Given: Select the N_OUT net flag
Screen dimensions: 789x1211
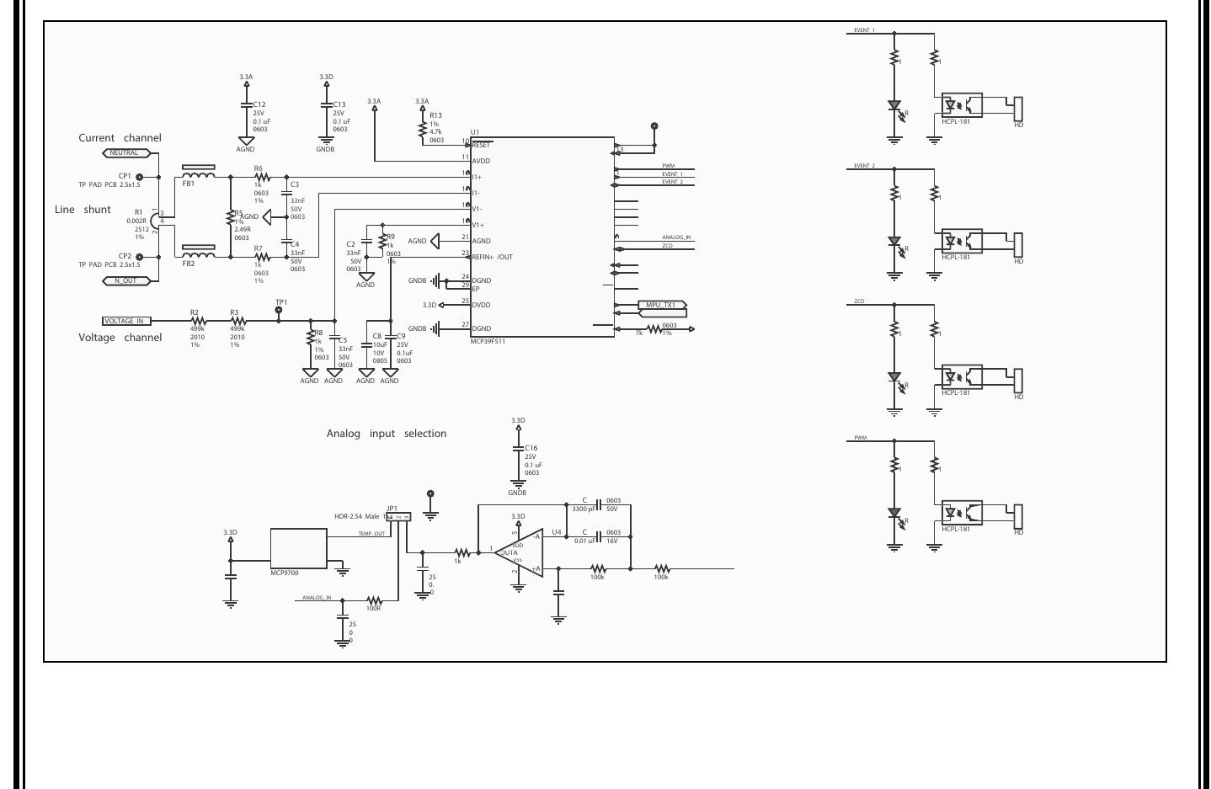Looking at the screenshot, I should coord(127,280).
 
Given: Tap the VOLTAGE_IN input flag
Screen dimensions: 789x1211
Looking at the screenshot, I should coord(126,321).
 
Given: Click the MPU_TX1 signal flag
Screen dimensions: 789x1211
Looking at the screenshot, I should coord(663,305).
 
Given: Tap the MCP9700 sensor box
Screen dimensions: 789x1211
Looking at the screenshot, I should coord(298,548).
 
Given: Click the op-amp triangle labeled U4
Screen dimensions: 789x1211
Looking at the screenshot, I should coord(518,552).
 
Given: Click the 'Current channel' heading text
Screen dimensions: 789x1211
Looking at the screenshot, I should coord(120,138).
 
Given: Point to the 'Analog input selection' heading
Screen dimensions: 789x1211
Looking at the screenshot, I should coord(387,434).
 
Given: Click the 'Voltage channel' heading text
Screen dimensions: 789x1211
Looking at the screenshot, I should coord(120,338).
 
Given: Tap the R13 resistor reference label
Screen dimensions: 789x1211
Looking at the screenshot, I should coord(435,115).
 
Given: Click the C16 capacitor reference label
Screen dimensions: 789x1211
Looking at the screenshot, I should coord(531,449).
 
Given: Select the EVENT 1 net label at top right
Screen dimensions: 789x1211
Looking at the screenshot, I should coord(864,30).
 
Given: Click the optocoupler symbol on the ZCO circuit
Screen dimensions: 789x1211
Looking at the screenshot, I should coord(962,376).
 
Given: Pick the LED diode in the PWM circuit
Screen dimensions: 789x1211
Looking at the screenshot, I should coord(894,513).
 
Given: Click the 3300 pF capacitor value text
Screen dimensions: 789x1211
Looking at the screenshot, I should coord(583,509).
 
